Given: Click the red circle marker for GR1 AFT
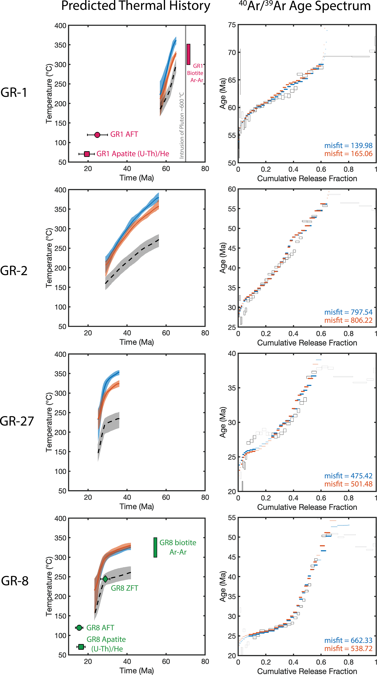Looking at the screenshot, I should click(97, 135).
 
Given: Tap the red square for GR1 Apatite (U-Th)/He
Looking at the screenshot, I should click(87, 154).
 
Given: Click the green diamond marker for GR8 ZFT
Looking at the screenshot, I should click(105, 579).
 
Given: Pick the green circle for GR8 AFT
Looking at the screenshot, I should click(79, 628).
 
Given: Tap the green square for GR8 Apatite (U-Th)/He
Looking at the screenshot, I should click(81, 647).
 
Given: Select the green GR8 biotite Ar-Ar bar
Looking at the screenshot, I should click(155, 547).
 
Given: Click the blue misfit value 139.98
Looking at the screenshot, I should click(348, 145).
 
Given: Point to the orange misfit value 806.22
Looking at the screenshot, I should click(348, 320).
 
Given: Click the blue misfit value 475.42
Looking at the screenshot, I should click(348, 476).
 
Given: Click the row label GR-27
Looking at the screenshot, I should click(17, 421).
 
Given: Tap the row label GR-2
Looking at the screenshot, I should click(14, 271).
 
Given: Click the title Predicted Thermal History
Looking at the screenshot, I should click(136, 6).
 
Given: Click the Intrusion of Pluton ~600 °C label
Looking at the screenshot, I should click(182, 125).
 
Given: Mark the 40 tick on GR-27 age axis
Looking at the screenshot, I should click(232, 354).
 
